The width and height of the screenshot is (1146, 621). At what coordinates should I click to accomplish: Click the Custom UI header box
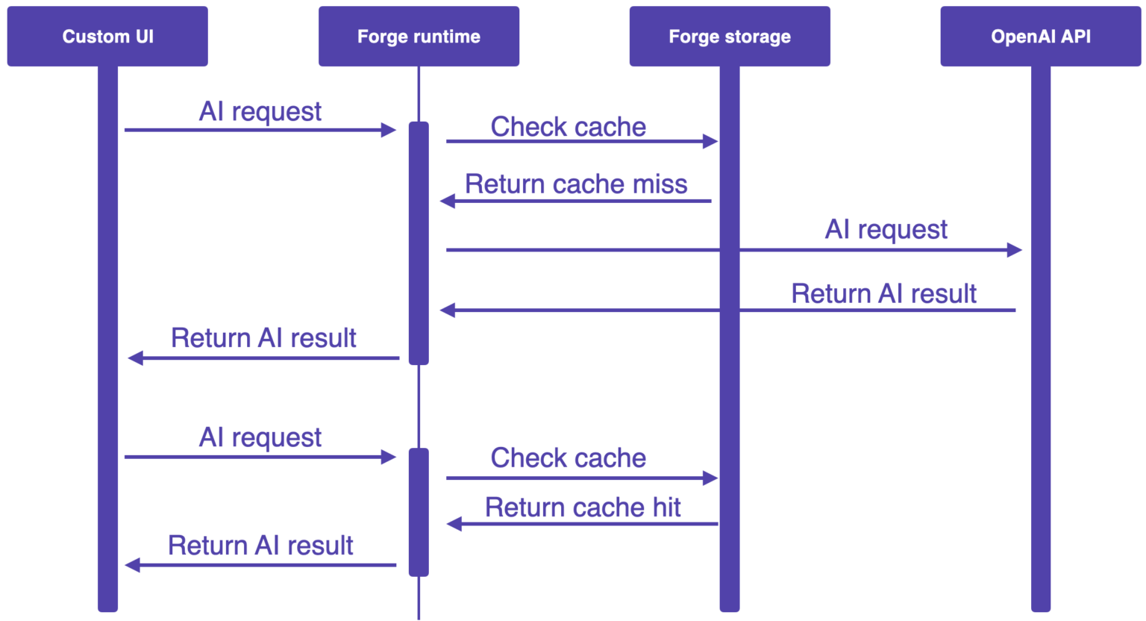coord(107,37)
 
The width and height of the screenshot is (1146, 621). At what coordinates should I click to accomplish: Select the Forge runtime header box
coord(419,37)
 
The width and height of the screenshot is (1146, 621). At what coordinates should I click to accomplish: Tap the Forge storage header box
coord(729,37)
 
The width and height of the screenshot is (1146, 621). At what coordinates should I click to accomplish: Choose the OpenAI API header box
coord(1040,37)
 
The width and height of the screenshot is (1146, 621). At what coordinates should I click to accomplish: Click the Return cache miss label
coord(576,184)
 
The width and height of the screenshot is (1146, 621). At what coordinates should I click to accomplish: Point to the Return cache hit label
coord(583,508)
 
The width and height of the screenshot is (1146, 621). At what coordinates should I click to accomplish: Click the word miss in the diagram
coord(660,184)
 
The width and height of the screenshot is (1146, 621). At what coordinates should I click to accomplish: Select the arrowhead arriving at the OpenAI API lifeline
coord(1014,250)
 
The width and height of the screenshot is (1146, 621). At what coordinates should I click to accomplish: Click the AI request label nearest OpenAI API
coord(886,229)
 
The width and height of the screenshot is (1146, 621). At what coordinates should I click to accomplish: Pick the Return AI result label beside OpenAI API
coord(883,294)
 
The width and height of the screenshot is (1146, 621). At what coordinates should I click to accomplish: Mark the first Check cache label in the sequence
coord(568,127)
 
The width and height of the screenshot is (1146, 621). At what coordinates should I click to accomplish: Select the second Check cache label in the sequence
coord(568,458)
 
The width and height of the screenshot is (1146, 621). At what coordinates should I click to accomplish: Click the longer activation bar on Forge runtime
coord(419,243)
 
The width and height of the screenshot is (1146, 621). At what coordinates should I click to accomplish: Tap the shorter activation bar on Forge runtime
coord(419,512)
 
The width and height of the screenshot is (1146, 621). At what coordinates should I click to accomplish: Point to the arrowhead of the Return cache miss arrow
coord(448,201)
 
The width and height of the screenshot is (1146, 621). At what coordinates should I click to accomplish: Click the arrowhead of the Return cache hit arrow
coord(454,524)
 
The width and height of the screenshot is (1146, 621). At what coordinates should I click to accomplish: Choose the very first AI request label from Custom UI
coord(260,112)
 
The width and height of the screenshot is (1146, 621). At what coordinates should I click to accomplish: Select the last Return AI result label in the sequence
coord(260,546)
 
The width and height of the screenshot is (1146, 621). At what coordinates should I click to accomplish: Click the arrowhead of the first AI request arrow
coord(389,131)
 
